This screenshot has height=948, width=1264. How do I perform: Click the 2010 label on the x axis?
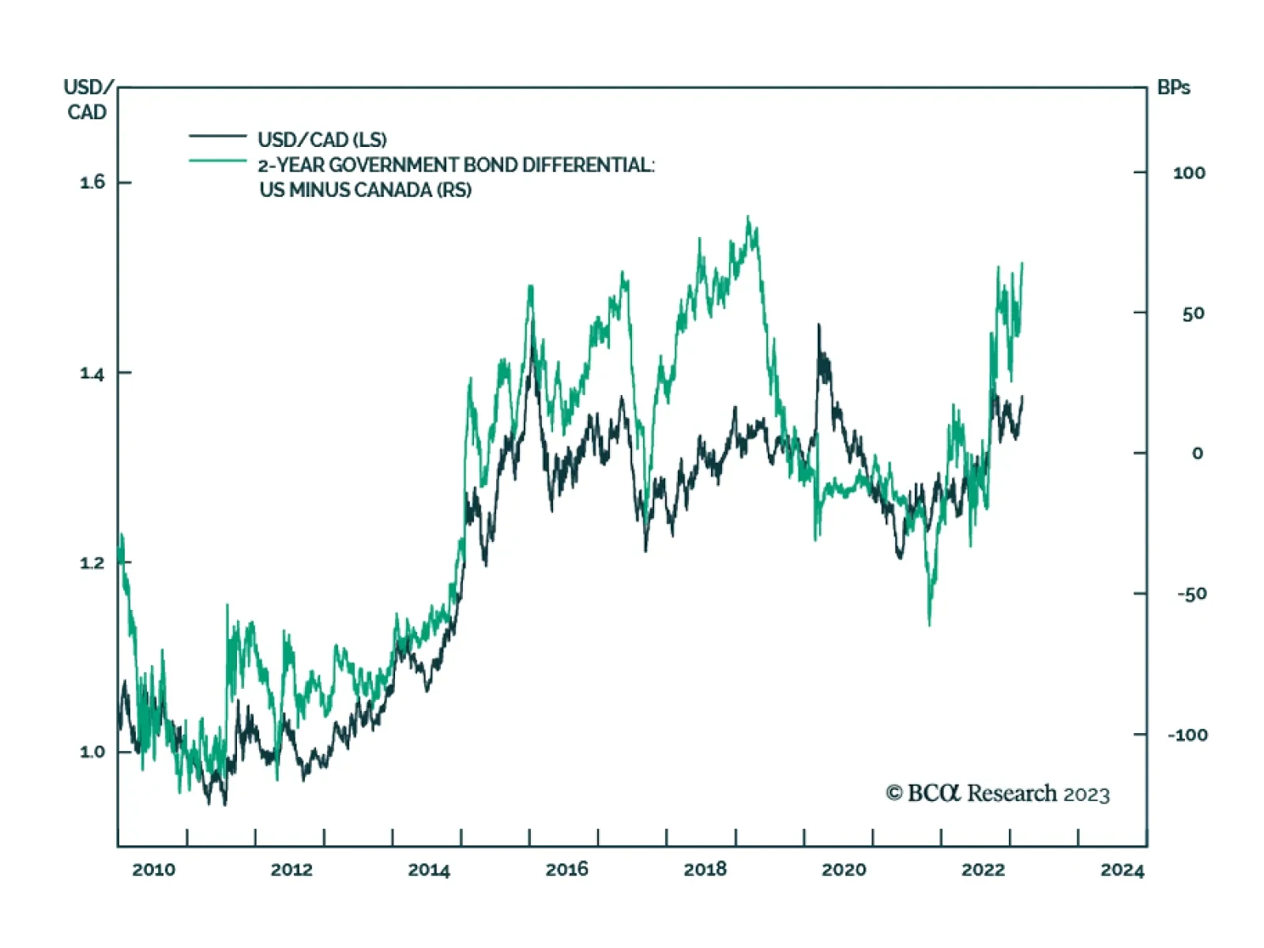(x=153, y=870)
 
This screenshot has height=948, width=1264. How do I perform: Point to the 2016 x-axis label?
(x=566, y=870)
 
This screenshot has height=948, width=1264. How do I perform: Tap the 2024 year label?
(x=1122, y=870)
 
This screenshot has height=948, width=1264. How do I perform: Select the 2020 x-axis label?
(x=843, y=870)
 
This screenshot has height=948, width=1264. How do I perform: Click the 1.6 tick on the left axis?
(x=92, y=182)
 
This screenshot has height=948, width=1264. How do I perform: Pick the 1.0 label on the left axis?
(x=92, y=751)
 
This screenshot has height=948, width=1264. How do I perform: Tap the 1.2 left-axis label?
(x=92, y=562)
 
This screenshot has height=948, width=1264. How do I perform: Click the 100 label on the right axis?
(x=1189, y=173)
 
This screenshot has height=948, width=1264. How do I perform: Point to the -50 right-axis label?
(x=1191, y=594)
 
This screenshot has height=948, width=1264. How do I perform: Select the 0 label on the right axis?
(x=1198, y=453)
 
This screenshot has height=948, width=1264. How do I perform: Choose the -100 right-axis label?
(x=1187, y=735)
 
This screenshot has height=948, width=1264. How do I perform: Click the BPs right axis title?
(x=1173, y=88)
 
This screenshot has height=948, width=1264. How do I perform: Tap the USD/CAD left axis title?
(x=87, y=100)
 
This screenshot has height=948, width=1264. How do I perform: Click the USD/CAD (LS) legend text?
(x=322, y=140)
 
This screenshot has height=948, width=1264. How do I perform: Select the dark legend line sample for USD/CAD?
(x=217, y=137)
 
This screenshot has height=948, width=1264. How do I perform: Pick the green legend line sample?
(x=217, y=161)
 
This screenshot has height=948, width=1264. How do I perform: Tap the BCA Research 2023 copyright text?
(x=998, y=793)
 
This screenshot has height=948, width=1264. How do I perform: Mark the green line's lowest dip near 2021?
(x=929, y=624)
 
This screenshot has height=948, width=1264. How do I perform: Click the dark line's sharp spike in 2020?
(x=818, y=325)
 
